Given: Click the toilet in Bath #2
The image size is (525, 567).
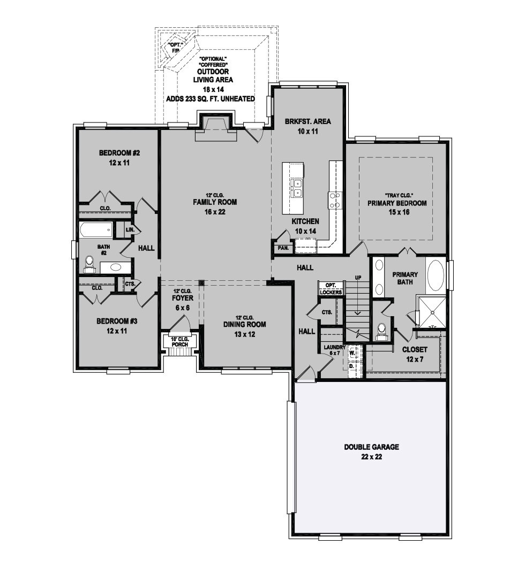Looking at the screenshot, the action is [89, 264].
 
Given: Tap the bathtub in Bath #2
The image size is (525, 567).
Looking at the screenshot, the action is [96, 231].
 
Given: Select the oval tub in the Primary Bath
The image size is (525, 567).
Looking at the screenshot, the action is [436, 274].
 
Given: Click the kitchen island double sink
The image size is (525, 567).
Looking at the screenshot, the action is [297, 188].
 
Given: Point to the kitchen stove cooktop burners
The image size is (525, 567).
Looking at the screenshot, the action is [335, 200].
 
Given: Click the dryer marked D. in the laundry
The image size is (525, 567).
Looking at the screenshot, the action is [352, 366].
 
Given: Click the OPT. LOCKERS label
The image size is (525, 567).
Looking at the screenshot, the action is [331, 288].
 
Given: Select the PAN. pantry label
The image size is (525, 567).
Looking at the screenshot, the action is [283, 248].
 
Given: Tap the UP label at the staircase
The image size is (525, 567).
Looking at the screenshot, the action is [358, 278].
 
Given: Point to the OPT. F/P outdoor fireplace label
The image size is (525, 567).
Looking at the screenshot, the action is [176, 48].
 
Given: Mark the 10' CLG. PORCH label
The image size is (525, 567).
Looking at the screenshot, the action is [180, 342].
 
